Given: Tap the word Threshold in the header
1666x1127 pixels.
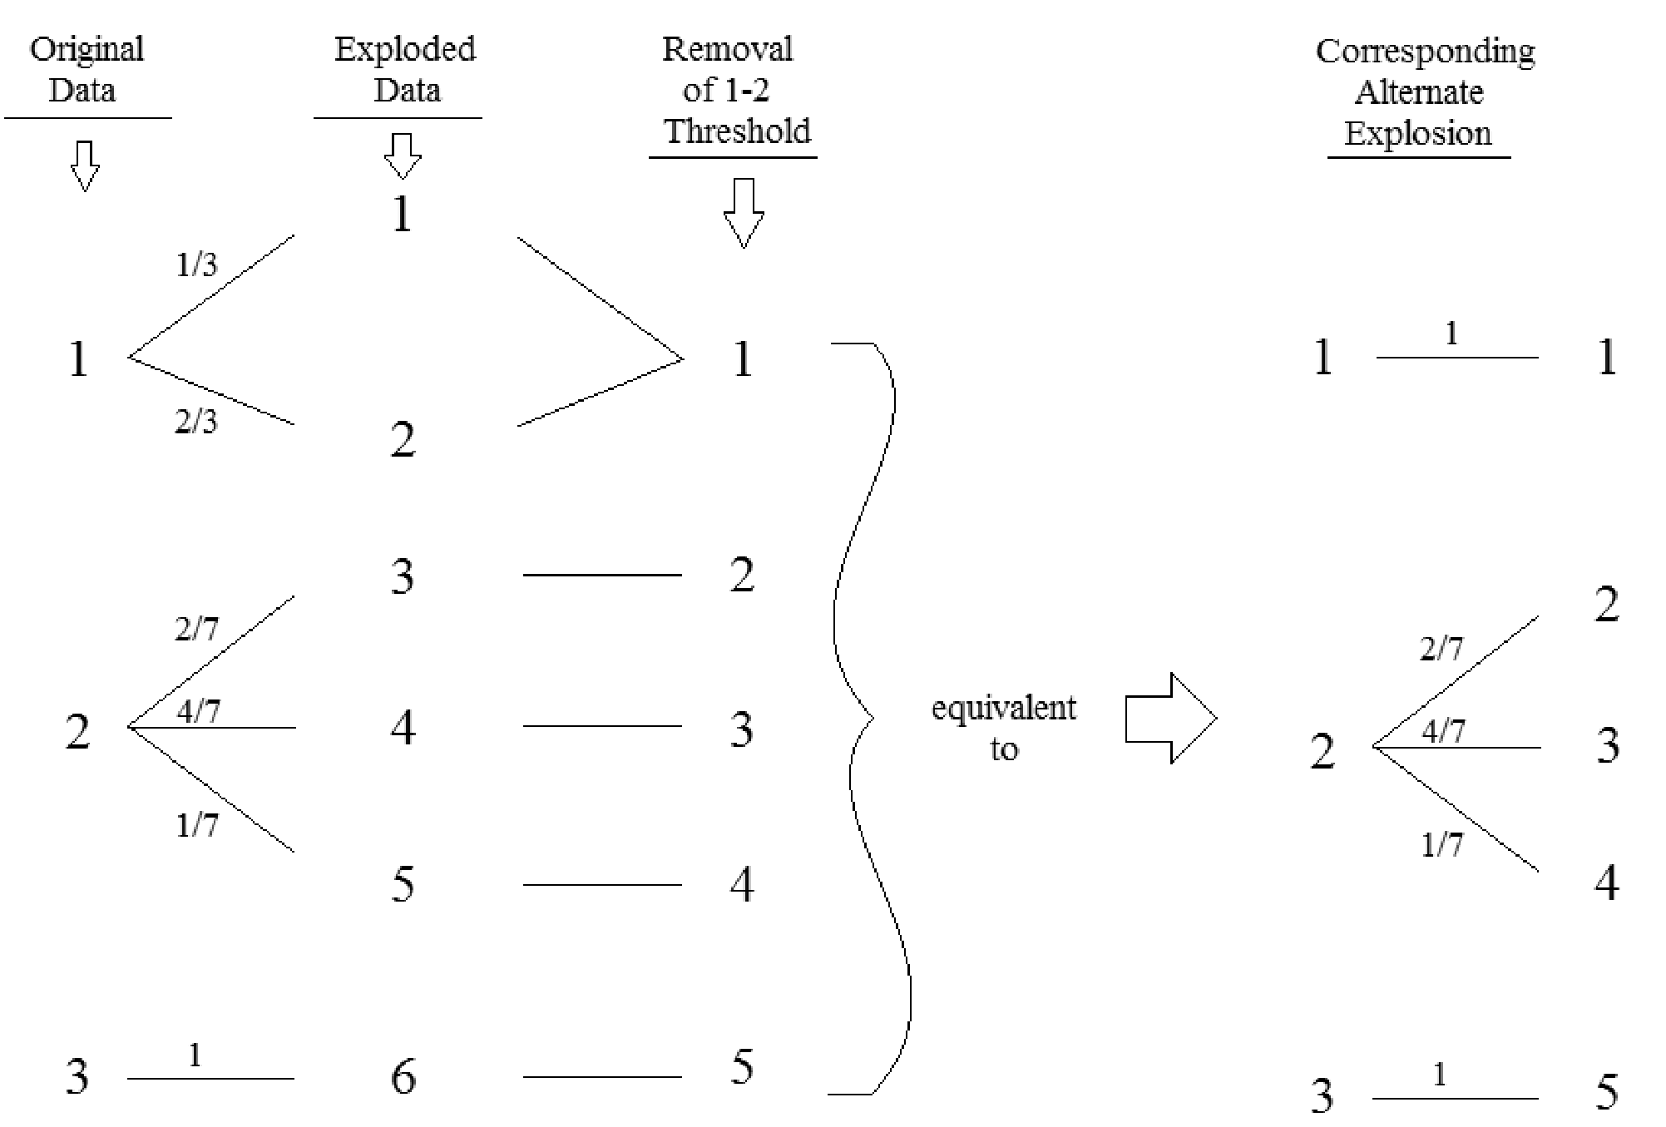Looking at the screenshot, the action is click(738, 131).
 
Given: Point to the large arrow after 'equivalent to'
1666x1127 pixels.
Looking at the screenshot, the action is click(1171, 718).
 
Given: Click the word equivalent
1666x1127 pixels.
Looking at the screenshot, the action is click(1003, 709).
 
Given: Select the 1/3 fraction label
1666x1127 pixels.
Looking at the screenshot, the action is click(196, 264).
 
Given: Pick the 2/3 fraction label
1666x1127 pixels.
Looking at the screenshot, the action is click(196, 422).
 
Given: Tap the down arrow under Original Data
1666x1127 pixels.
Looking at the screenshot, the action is click(84, 166).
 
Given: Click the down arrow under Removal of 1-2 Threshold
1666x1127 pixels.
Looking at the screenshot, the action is click(743, 213).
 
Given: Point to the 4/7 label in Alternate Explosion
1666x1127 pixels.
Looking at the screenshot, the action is click(1443, 731).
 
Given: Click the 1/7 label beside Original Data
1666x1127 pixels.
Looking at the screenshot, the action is click(196, 825).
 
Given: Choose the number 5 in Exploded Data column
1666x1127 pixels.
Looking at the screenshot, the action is click(403, 883).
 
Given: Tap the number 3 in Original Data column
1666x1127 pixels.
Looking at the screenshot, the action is click(77, 1076).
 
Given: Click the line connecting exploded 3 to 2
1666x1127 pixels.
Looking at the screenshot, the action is click(602, 575).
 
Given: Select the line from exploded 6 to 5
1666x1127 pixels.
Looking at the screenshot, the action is click(602, 1077).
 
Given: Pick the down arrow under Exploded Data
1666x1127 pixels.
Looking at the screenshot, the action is click(403, 156).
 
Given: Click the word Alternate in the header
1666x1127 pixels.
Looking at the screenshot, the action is click(1418, 92).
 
